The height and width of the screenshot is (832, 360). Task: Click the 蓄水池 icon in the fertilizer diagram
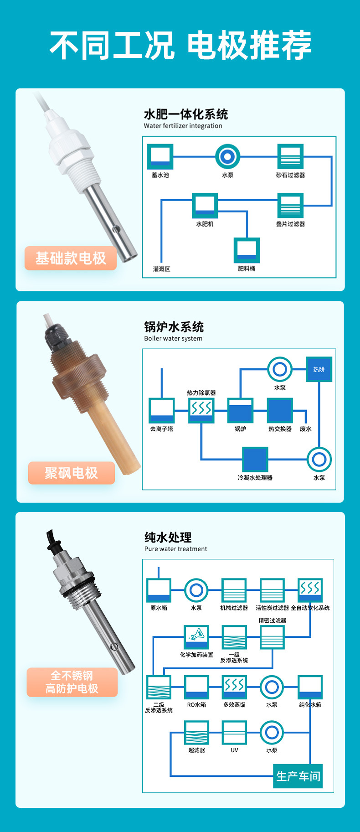(160, 157)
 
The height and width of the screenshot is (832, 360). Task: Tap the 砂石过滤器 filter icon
(290, 157)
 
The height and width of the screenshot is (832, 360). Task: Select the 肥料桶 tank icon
(247, 250)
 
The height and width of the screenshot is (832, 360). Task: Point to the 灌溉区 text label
(162, 269)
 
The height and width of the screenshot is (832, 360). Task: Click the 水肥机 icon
(205, 206)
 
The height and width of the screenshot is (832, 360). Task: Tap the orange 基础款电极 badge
(71, 258)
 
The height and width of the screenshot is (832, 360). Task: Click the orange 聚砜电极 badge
(71, 473)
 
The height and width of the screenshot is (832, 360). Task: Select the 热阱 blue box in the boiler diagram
(319, 369)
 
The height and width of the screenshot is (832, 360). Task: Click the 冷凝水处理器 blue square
(255, 460)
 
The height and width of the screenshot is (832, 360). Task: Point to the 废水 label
(306, 429)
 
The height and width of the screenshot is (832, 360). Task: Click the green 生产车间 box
(298, 776)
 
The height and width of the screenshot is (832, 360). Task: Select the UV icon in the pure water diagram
(234, 733)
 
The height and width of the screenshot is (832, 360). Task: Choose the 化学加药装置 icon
(196, 637)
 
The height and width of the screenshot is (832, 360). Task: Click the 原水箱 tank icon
(159, 590)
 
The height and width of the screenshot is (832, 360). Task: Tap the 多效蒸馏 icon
(234, 687)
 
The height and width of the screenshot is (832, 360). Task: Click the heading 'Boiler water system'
(173, 338)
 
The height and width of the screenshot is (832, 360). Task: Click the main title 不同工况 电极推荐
(180, 45)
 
